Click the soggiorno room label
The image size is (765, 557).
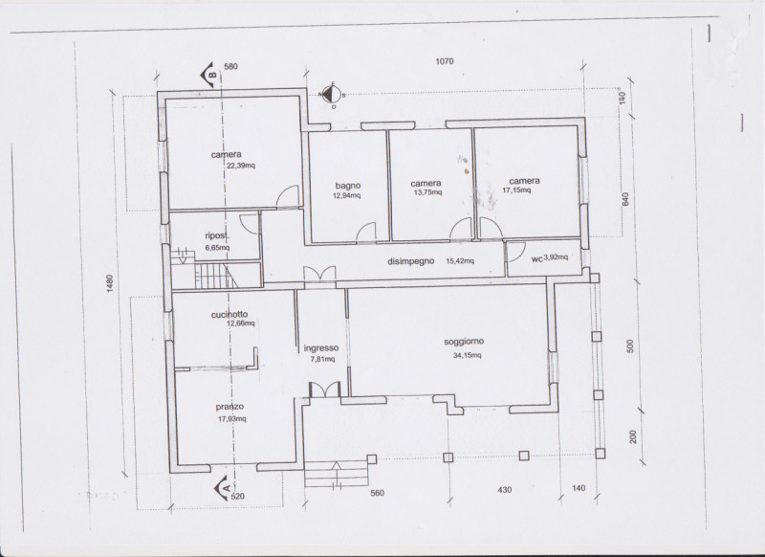point(464,342)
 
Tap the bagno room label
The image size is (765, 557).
point(348,186)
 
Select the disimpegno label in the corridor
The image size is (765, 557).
point(411,261)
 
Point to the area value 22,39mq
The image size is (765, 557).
point(241,166)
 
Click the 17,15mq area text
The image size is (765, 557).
point(516,189)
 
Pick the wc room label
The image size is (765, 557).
point(536,259)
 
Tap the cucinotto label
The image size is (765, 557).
point(229,314)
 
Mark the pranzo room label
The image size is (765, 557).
point(229,407)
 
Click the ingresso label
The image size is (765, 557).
point(321,348)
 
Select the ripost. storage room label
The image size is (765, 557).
point(217,236)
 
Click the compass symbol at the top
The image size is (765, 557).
point(332,94)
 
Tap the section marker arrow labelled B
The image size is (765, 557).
point(208,75)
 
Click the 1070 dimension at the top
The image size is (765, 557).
point(445,61)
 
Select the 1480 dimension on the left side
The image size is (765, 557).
point(110,283)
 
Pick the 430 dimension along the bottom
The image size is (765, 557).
point(505,490)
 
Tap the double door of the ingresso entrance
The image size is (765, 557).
point(325,390)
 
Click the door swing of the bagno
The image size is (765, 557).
point(366,232)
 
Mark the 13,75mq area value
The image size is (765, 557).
point(427,192)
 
